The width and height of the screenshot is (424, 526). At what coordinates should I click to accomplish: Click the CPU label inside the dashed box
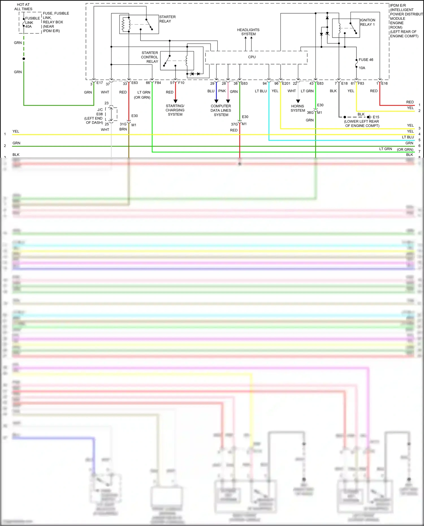(x=252, y=57)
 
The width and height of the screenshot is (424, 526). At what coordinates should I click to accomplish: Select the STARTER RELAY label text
(x=167, y=19)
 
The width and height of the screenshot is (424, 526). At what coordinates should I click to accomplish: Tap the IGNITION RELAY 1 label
(x=367, y=22)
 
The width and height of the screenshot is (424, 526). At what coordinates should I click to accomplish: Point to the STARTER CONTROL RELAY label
(x=150, y=57)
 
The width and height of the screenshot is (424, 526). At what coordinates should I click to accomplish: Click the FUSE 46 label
(x=366, y=60)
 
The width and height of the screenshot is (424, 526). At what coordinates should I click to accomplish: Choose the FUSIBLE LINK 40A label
(x=32, y=22)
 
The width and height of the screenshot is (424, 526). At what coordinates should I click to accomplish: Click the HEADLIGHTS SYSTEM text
(x=248, y=32)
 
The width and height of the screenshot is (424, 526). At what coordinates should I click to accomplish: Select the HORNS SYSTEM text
(x=298, y=108)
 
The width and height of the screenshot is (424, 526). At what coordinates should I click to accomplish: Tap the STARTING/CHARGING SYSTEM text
(x=175, y=110)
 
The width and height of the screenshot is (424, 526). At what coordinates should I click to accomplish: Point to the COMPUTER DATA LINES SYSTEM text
(x=221, y=111)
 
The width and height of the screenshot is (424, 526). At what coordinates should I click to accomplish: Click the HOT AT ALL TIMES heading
(x=23, y=7)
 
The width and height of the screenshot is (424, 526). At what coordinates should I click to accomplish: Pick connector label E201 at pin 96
(x=286, y=83)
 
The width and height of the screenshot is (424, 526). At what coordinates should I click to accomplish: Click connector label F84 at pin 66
(x=158, y=83)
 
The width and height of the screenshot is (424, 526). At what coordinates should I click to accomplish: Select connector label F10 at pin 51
(x=181, y=83)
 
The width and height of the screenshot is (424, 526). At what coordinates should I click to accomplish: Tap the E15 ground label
(x=376, y=117)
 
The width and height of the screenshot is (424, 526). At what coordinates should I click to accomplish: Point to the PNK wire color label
(x=222, y=91)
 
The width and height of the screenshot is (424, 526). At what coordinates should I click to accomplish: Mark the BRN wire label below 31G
(x=123, y=129)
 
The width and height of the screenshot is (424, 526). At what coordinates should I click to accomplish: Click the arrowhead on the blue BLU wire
(x=216, y=101)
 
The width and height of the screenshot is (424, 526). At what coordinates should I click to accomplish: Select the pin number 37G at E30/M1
(x=234, y=124)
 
